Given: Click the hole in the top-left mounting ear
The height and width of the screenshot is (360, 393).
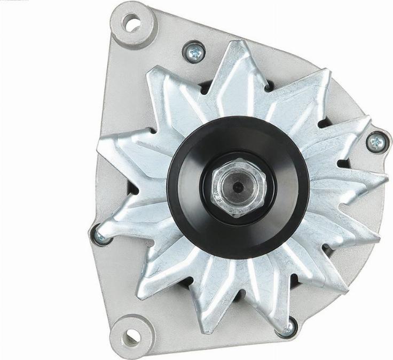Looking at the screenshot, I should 131,22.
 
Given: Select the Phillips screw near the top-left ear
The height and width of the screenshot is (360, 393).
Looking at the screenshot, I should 194,52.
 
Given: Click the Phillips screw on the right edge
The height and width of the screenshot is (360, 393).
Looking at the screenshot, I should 376,142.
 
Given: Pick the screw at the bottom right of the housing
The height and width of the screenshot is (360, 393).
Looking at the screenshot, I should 288,327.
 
